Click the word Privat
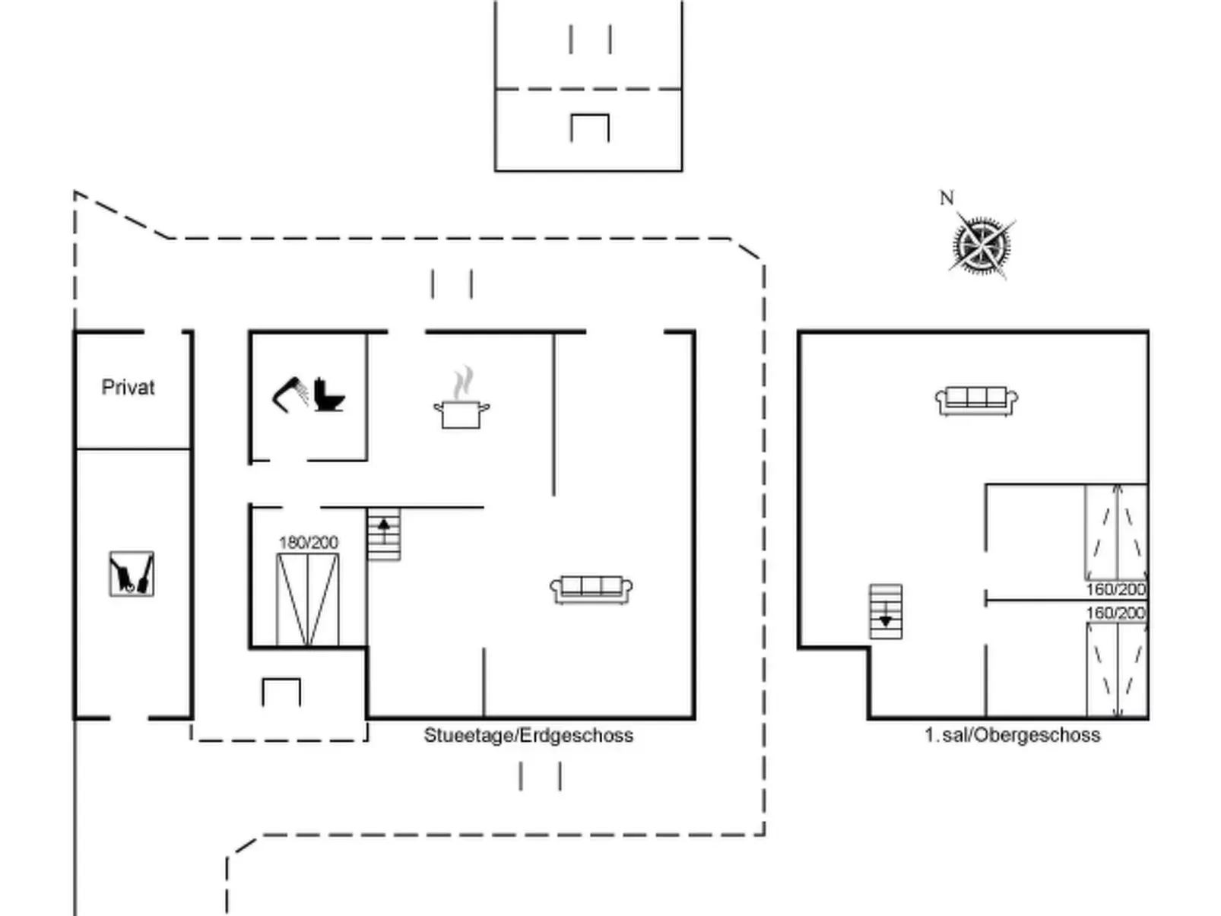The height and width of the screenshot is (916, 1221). click(128, 387)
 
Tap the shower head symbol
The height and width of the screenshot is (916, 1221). click(290, 395)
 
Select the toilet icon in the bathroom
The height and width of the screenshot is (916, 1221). click(328, 395)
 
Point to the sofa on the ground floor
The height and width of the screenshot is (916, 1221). click(591, 590)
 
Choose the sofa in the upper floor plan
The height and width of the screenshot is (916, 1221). click(977, 401)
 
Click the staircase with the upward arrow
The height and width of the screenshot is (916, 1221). click(384, 534)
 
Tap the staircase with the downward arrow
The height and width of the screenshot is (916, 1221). click(886, 612)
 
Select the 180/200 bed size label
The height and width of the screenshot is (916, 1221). click(308, 542)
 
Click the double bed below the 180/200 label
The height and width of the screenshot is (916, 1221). click(308, 600)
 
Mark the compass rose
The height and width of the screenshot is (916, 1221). click(982, 245)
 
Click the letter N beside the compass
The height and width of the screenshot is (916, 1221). click(947, 198)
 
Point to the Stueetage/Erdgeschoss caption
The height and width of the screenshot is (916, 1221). click(528, 735)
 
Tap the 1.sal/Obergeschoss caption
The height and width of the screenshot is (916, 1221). click(1013, 735)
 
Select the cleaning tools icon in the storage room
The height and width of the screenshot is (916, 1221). click(132, 574)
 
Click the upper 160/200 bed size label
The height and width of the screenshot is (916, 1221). click(1116, 589)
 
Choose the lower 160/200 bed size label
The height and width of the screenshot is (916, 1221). click(1116, 613)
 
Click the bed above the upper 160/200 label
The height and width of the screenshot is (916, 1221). click(1116, 532)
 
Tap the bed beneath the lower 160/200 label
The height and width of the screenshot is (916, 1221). click(1117, 670)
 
